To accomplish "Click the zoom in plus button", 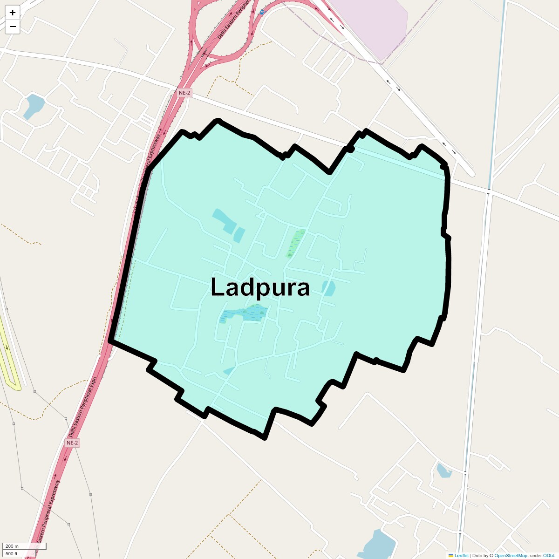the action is [x=13, y=13].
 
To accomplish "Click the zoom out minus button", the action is [x=13, y=27].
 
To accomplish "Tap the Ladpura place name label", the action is [x=260, y=287].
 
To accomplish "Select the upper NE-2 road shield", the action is [x=184, y=93].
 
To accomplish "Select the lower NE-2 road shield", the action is [x=72, y=443].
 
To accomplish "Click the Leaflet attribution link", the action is [x=461, y=555].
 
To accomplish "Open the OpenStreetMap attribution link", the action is [x=511, y=555].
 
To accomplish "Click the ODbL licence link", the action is [x=549, y=555].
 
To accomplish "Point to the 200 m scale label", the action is [x=12, y=546].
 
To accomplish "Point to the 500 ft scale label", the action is [x=12, y=553].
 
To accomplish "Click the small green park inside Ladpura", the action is [x=294, y=243].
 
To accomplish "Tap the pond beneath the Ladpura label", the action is [x=245, y=314].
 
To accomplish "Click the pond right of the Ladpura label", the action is [x=329, y=288].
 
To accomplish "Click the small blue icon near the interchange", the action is [x=262, y=12].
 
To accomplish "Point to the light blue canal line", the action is [x=498, y=93].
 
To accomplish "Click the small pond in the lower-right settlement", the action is [x=443, y=470].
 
